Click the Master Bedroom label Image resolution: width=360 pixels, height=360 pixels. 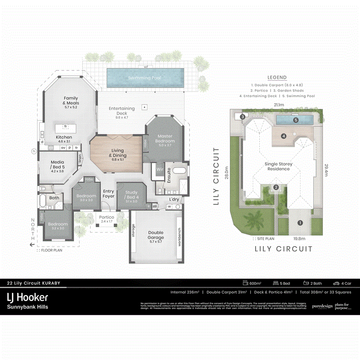coord(164,138)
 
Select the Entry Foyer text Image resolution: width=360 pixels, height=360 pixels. coord(108,194)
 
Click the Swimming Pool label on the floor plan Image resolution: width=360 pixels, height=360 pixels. coord(145,78)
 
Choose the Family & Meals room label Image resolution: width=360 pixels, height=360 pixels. coord(71,100)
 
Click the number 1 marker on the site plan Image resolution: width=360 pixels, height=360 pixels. coord(300,222)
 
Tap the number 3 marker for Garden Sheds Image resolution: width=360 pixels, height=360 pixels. coord(242,117)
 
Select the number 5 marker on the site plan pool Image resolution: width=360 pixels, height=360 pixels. coord(296,120)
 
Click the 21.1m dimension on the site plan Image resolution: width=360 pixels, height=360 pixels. coord(279,105)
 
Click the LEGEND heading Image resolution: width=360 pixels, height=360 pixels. coord(277,78)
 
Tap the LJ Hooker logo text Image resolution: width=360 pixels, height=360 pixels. coord(28,297)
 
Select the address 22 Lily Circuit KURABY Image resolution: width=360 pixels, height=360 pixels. coord(34,283)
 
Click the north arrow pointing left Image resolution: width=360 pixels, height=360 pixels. coord(32,244)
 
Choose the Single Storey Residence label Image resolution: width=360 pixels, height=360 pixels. coord(278,166)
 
